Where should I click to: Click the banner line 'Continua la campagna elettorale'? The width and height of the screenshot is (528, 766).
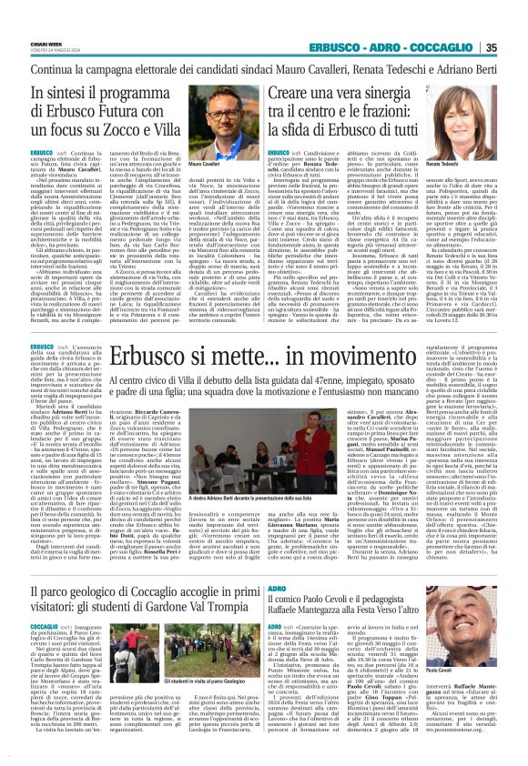click(263, 69)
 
